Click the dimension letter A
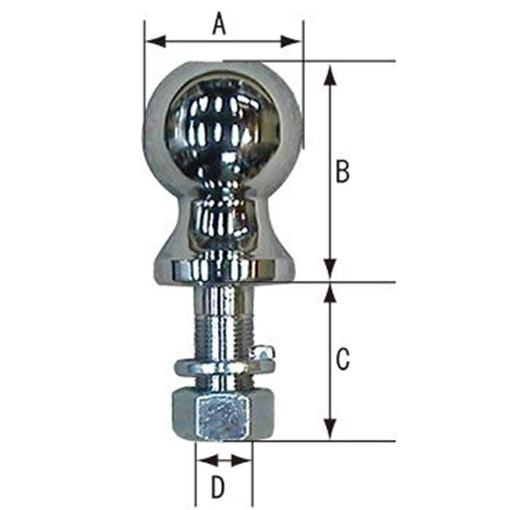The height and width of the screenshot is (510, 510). coord(219,24)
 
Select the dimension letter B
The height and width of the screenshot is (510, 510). coord(343,171)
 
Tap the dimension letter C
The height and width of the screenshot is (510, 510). coord(343,359)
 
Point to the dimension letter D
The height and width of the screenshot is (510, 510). coord(218,487)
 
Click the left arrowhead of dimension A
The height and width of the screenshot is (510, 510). coord(156,42)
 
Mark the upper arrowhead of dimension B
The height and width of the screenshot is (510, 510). coord(331,76)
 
